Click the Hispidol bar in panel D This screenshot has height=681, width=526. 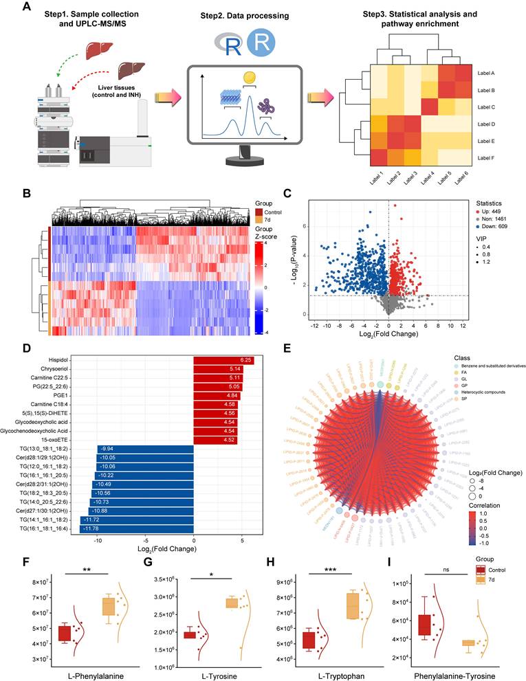point(223,361)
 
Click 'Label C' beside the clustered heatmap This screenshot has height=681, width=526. point(487,107)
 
